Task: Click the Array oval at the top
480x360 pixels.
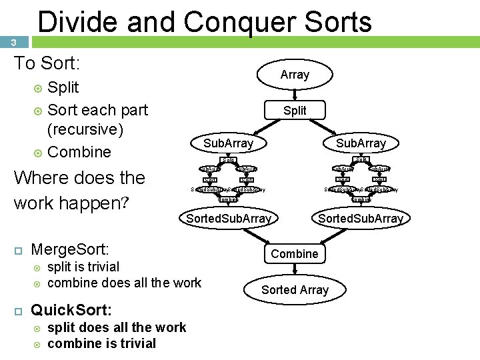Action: tap(295, 75)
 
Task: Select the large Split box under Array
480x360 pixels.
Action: tap(295, 110)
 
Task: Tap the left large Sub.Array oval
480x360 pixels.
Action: tap(228, 143)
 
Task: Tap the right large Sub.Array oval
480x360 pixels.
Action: tap(361, 143)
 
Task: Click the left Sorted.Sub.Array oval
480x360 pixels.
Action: tap(229, 219)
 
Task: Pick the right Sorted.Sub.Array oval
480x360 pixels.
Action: tap(361, 219)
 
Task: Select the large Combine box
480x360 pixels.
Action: tap(295, 254)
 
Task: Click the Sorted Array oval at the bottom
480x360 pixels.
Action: tap(295, 290)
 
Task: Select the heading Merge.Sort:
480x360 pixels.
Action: tap(70, 250)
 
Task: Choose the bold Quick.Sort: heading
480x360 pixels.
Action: tap(72, 310)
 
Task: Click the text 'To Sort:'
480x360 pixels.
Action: tap(47, 64)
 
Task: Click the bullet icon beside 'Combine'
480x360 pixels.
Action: tap(38, 153)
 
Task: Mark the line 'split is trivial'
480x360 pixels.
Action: tap(83, 267)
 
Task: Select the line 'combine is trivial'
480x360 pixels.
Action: tap(102, 343)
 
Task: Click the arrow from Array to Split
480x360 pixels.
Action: tap(295, 94)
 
